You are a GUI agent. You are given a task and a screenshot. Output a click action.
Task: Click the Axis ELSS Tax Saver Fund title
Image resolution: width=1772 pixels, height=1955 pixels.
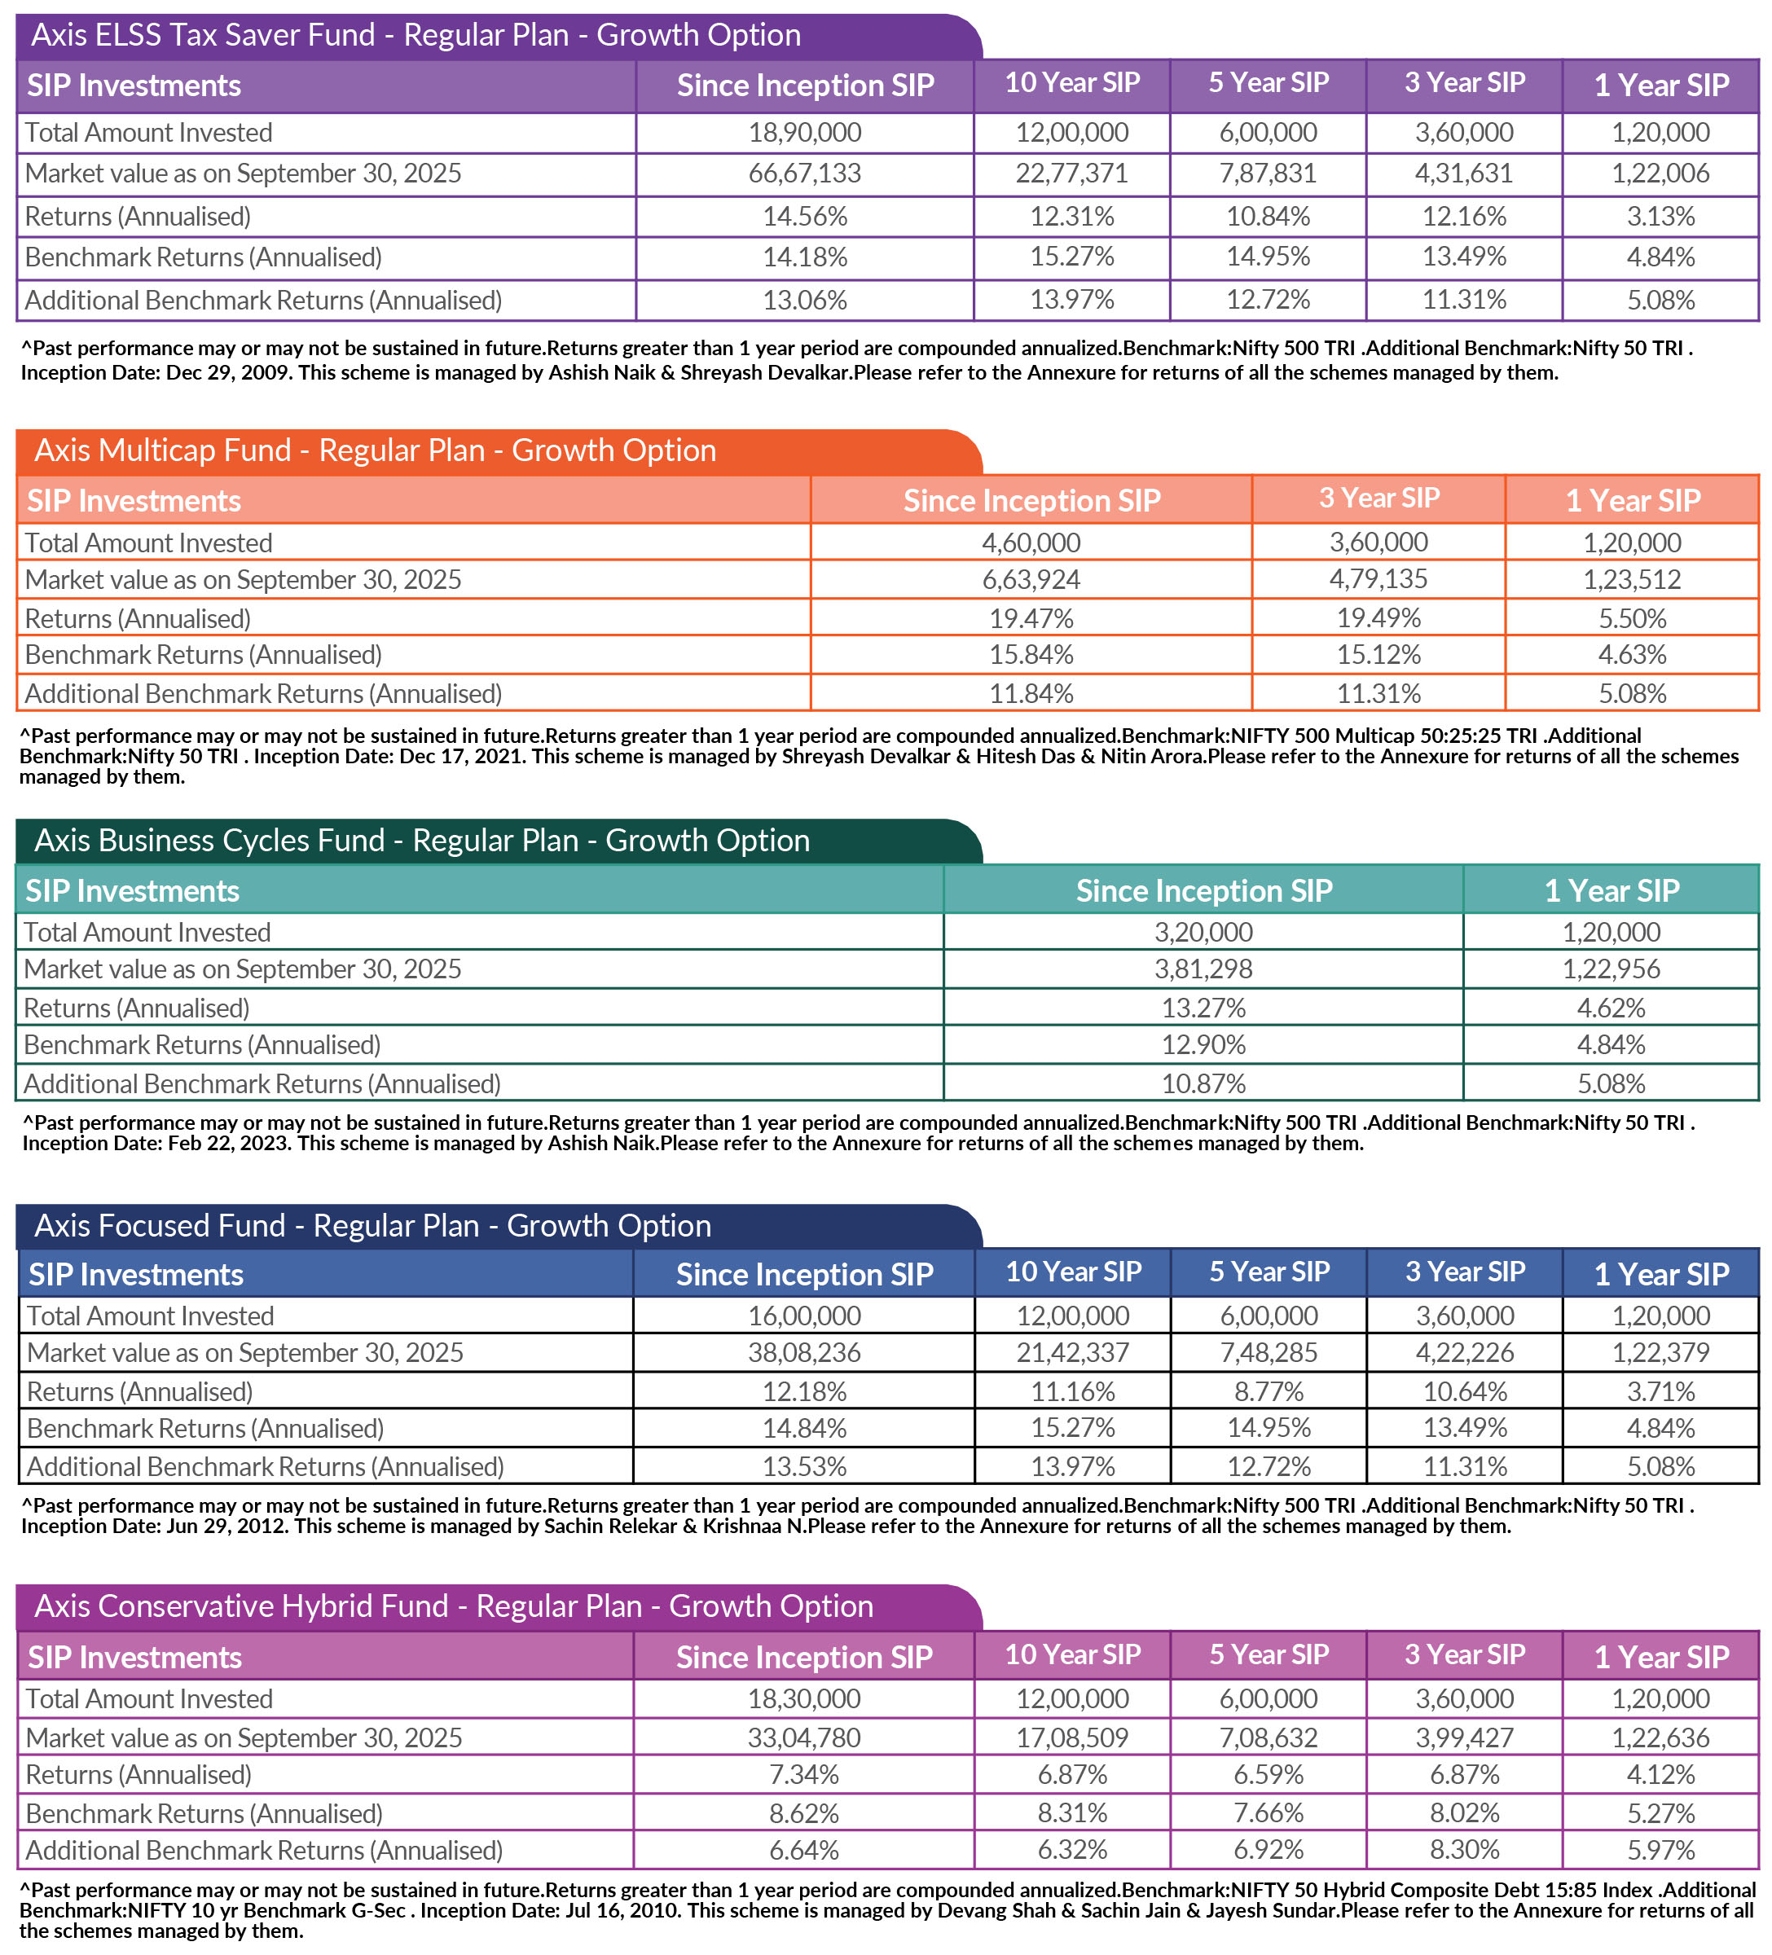point(416,35)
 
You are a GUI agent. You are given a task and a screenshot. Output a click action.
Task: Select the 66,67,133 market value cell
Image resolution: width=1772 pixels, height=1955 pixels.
point(804,174)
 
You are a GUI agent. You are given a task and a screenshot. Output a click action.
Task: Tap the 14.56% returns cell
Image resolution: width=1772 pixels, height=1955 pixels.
point(804,216)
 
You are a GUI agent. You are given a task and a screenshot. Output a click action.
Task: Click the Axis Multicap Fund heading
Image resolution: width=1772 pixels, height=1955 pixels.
point(376,451)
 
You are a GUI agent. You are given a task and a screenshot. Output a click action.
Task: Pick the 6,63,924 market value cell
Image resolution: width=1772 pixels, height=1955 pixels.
point(1031,580)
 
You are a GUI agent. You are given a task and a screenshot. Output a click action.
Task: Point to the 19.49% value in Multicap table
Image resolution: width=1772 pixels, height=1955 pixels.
point(1378,617)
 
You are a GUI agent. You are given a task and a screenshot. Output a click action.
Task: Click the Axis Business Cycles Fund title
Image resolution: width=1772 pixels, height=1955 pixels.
point(422,841)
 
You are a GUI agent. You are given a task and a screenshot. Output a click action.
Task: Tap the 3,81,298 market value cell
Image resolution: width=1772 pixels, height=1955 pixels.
point(1203,969)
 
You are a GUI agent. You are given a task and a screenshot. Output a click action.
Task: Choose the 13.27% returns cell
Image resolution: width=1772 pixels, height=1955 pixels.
point(1203,1008)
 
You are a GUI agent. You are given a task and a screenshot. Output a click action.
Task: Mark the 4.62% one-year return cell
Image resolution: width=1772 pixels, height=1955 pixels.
point(1610,1008)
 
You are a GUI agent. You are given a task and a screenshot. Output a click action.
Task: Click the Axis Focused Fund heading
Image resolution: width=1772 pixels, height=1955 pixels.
point(372,1226)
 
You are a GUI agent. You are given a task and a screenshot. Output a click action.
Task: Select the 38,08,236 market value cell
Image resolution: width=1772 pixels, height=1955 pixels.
point(804,1353)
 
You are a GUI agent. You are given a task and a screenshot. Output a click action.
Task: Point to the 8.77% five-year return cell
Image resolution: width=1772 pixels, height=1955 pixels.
point(1268,1391)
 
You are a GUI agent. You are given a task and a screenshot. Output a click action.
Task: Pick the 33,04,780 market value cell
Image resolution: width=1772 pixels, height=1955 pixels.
point(804,1737)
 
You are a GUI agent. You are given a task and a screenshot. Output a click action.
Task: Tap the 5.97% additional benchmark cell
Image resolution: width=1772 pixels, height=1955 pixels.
point(1660,1850)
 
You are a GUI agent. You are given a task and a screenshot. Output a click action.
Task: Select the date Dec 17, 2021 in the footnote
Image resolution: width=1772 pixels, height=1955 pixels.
point(460,757)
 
